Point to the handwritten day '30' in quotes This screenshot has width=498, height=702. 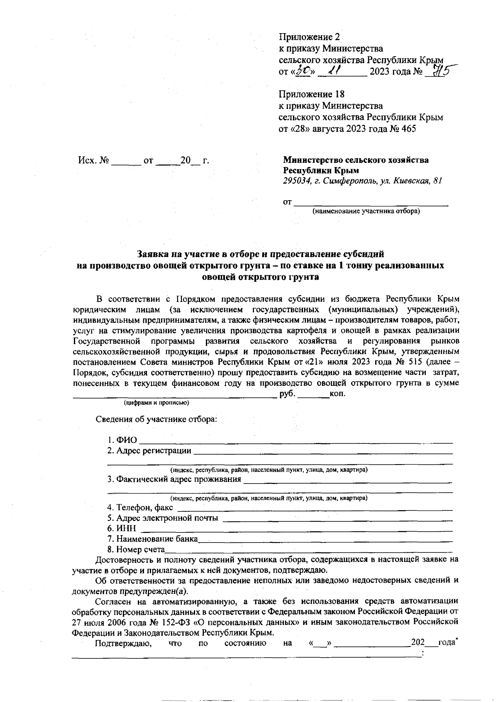point(303,71)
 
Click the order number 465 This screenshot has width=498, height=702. point(408,129)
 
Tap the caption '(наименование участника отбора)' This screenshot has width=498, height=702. point(366,212)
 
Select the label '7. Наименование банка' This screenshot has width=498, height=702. point(152,539)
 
